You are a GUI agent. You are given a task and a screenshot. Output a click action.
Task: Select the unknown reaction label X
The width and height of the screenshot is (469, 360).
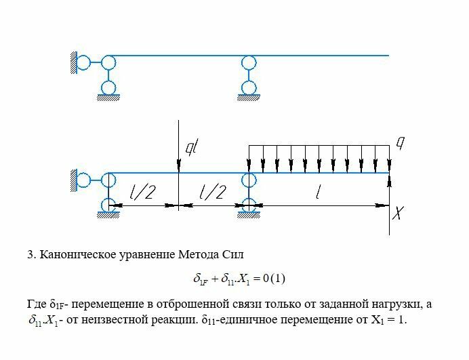(x=399, y=214)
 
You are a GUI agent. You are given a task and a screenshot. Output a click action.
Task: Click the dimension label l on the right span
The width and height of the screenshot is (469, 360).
(x=319, y=194)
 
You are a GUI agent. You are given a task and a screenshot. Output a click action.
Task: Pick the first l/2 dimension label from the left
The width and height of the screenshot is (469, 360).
(x=143, y=194)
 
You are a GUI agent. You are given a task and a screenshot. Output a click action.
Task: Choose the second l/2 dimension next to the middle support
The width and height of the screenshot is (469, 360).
(x=213, y=194)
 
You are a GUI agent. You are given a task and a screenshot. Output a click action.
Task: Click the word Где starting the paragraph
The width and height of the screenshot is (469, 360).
(x=37, y=304)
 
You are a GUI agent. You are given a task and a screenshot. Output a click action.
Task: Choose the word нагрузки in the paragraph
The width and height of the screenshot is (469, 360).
(x=394, y=304)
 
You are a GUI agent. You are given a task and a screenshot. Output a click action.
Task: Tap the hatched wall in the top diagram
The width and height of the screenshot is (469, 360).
(x=72, y=63)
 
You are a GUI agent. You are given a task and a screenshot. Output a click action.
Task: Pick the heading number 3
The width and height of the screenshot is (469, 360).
(x=30, y=255)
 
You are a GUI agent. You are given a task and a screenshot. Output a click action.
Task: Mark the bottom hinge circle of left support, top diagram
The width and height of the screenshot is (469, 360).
(x=108, y=87)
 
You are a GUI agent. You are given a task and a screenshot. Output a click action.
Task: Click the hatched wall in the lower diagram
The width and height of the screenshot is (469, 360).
(x=72, y=179)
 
